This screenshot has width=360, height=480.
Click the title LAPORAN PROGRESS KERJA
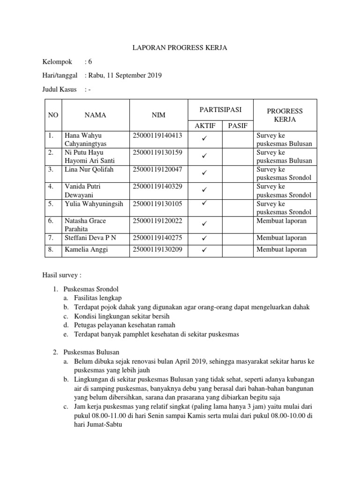click(180, 47)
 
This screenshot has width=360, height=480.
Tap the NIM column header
click(158, 115)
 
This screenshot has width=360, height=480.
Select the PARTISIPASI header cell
click(220, 110)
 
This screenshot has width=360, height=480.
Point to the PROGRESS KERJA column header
click(285, 115)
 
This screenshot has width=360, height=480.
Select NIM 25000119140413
click(158, 135)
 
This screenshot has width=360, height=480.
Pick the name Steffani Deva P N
click(90, 238)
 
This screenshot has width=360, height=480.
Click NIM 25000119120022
click(158, 220)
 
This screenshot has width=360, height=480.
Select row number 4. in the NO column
click(51, 186)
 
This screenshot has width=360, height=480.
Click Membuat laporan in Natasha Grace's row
click(281, 220)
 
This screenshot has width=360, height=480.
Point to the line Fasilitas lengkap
click(98, 298)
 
